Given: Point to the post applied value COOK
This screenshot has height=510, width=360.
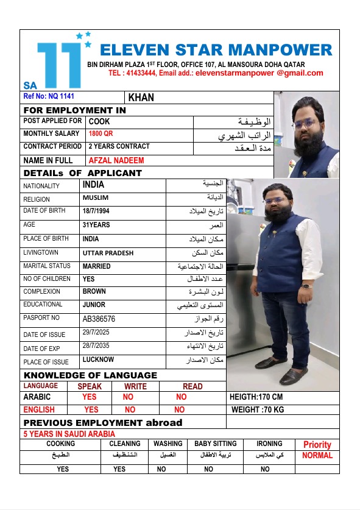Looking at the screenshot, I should click(x=99, y=121).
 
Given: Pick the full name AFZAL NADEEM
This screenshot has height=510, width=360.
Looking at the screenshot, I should click(x=116, y=160).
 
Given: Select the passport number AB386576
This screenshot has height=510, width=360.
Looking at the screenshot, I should click(x=99, y=319).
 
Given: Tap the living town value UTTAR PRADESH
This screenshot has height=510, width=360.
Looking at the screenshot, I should click(x=108, y=253).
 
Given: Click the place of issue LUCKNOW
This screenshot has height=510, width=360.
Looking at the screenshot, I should click(x=99, y=361).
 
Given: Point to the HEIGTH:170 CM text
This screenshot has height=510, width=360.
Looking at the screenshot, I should click(x=256, y=397).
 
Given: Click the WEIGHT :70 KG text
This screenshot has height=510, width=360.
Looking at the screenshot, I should click(x=258, y=409).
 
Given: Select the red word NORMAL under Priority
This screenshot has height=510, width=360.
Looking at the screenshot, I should click(x=317, y=455).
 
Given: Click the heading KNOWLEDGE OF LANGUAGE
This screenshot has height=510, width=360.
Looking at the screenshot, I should click(x=90, y=375).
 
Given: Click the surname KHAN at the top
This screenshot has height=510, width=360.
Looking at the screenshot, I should click(x=141, y=97).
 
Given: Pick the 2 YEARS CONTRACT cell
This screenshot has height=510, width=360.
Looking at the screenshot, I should click(x=119, y=146).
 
